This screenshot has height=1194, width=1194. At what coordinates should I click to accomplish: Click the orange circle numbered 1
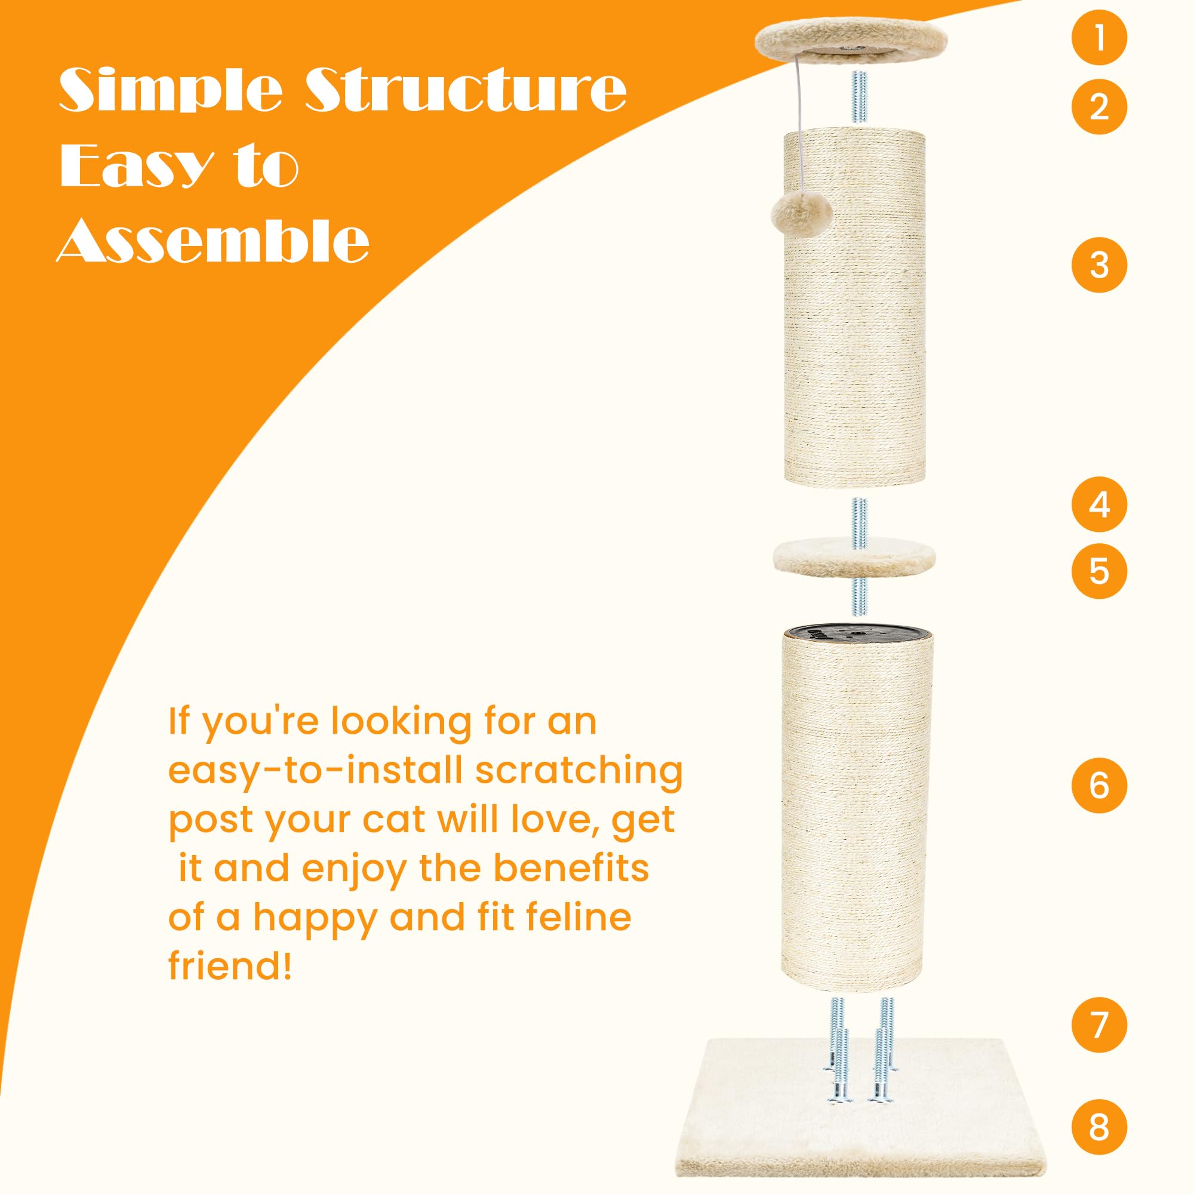1099,38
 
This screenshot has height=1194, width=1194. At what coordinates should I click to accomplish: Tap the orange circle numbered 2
1099,107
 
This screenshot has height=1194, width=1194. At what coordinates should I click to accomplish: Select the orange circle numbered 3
1099,265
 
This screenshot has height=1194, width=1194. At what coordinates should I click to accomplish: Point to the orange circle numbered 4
1099,505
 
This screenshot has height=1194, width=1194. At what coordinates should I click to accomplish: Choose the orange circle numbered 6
1099,786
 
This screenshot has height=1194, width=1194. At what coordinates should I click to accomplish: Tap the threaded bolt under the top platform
858,99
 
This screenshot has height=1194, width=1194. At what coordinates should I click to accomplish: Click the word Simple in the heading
170,90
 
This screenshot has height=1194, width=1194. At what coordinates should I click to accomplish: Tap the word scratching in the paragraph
579,772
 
